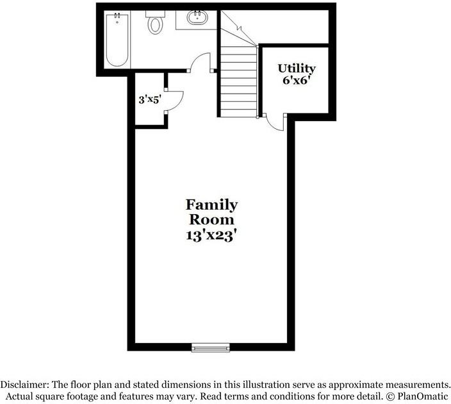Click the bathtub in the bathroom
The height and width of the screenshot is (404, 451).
(117, 40)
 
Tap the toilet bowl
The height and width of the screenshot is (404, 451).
(155, 25)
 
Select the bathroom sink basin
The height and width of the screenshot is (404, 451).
(197, 17)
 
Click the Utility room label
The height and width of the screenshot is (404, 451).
(296, 69)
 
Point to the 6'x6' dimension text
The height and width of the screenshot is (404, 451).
(297, 80)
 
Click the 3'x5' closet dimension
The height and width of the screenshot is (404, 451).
(149, 99)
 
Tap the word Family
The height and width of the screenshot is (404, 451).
(211, 205)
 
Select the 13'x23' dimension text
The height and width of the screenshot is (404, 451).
(212, 235)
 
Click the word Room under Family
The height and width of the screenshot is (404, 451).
(211, 219)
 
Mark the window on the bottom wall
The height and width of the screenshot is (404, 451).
(211, 348)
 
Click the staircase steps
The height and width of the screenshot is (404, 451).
(238, 81)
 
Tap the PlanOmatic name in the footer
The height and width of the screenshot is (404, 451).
(423, 396)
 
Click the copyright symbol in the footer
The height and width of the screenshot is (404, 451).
(390, 396)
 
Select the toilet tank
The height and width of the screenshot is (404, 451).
(155, 14)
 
